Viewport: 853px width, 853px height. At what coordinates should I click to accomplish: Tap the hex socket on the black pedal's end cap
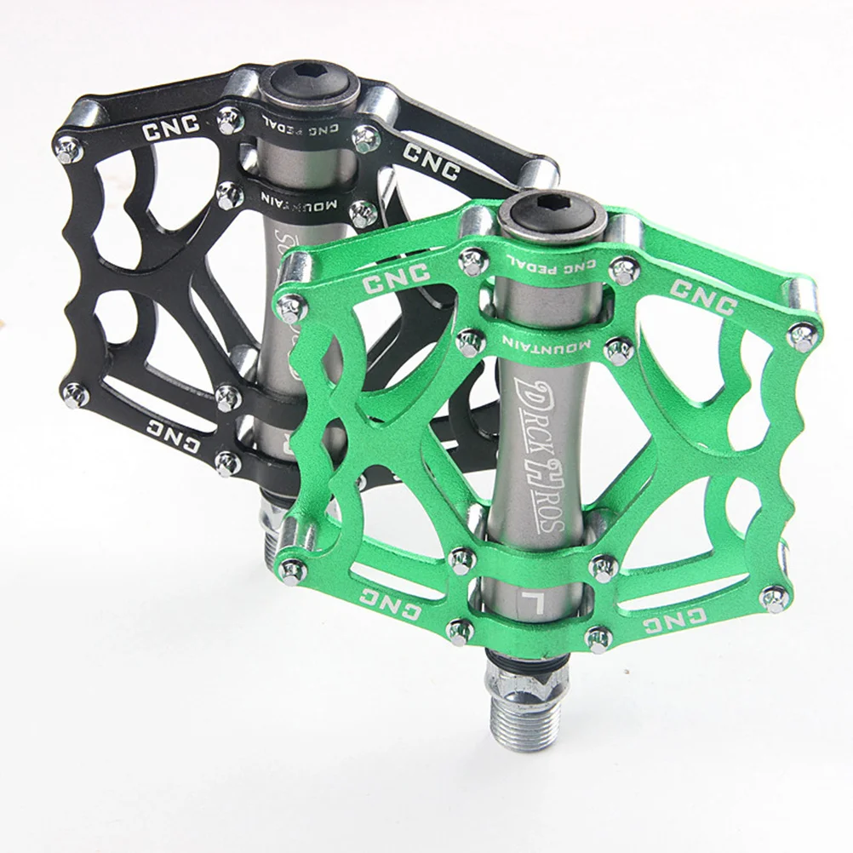(x=312, y=82)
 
